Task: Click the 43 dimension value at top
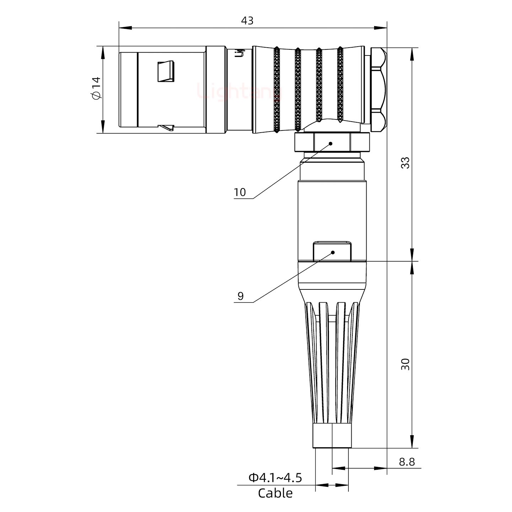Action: (247, 21)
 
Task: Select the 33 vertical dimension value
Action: (405, 162)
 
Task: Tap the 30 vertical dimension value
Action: (405, 364)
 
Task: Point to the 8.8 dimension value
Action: (406, 462)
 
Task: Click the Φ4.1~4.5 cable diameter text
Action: (275, 478)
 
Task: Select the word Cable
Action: (275, 493)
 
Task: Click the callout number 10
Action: (240, 192)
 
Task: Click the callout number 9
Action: (241, 296)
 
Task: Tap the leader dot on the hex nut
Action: (331, 144)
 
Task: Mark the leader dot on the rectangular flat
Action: (333, 252)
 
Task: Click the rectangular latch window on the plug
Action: (166, 71)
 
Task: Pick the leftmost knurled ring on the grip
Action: (277, 91)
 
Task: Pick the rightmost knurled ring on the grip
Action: (340, 85)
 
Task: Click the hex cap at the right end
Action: (378, 90)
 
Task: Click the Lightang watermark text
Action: (239, 91)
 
